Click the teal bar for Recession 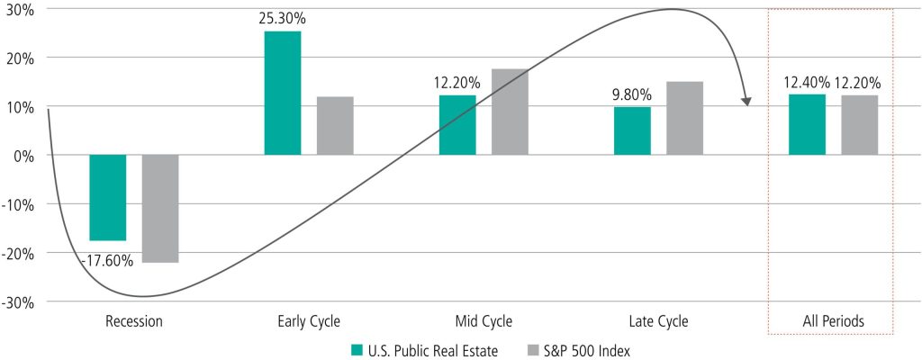click(x=107, y=197)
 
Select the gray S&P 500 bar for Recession click(x=160, y=208)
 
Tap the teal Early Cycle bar click(x=282, y=93)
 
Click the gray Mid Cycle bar click(x=510, y=112)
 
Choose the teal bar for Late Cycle click(x=632, y=130)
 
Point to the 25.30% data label click(x=282, y=17)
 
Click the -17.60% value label click(x=107, y=261)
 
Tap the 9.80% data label click(x=632, y=93)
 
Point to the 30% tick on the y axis click(x=22, y=9)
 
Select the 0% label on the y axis click(x=25, y=155)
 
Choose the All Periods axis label click(x=833, y=319)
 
